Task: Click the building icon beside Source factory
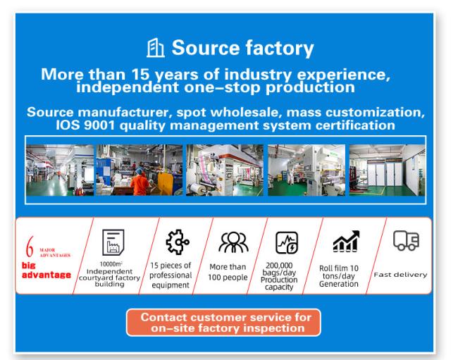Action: (156, 48)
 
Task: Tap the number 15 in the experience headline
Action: (140, 74)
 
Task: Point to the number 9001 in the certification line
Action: (99, 125)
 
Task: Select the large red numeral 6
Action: (30, 247)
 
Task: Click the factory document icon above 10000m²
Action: (113, 242)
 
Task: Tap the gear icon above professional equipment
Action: (178, 242)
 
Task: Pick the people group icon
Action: (233, 242)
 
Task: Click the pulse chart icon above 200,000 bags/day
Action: (287, 242)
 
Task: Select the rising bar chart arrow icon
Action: (346, 241)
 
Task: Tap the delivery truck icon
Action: (406, 240)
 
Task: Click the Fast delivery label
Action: (400, 275)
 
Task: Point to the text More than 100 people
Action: (228, 272)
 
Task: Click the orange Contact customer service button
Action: (223, 323)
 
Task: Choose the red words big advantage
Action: (47, 271)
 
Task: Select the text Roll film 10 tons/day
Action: (339, 272)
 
